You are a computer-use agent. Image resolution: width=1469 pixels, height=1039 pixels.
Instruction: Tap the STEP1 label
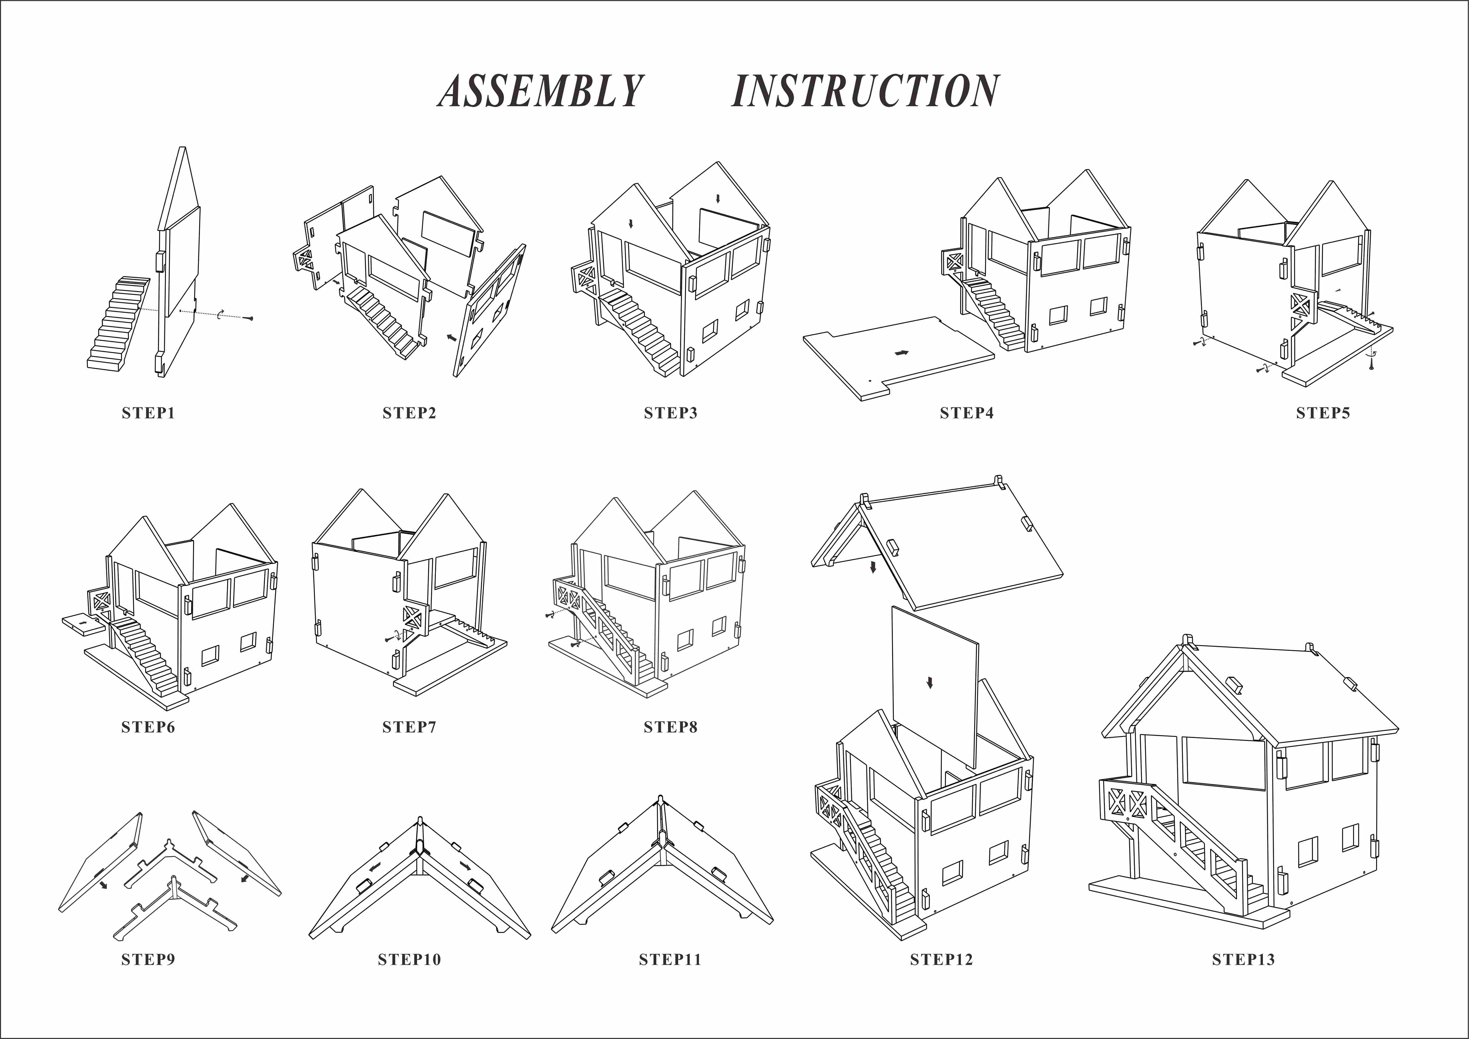tap(148, 413)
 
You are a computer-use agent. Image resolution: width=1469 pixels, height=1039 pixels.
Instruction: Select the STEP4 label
tap(966, 413)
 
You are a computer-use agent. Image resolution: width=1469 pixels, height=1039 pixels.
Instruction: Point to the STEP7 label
tap(409, 727)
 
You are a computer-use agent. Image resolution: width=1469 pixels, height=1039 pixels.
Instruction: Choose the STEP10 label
tap(409, 960)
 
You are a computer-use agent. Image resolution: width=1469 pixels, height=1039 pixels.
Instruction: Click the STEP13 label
tap(1243, 960)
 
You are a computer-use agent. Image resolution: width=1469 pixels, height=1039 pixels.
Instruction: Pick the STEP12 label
tap(941, 960)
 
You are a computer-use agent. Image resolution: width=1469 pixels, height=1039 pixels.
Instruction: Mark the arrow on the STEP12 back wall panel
tap(930, 683)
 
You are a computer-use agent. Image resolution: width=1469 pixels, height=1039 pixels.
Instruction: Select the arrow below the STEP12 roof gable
tap(873, 567)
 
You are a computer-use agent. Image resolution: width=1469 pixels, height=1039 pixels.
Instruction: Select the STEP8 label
tap(670, 727)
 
